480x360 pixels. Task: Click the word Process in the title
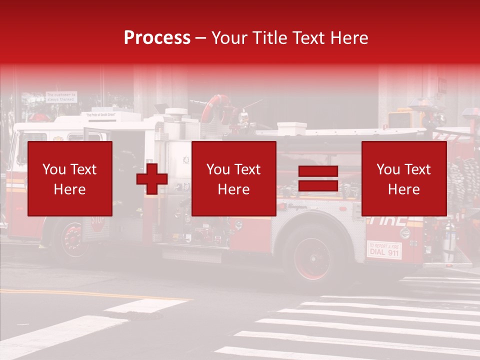(157, 38)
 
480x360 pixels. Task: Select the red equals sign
(318, 179)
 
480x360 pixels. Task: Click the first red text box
(70, 179)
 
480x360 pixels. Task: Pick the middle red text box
(233, 179)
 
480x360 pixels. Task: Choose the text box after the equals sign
(403, 179)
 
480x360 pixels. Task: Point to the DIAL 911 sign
(384, 249)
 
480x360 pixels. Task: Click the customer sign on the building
(61, 96)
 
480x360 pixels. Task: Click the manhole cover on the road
(144, 315)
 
